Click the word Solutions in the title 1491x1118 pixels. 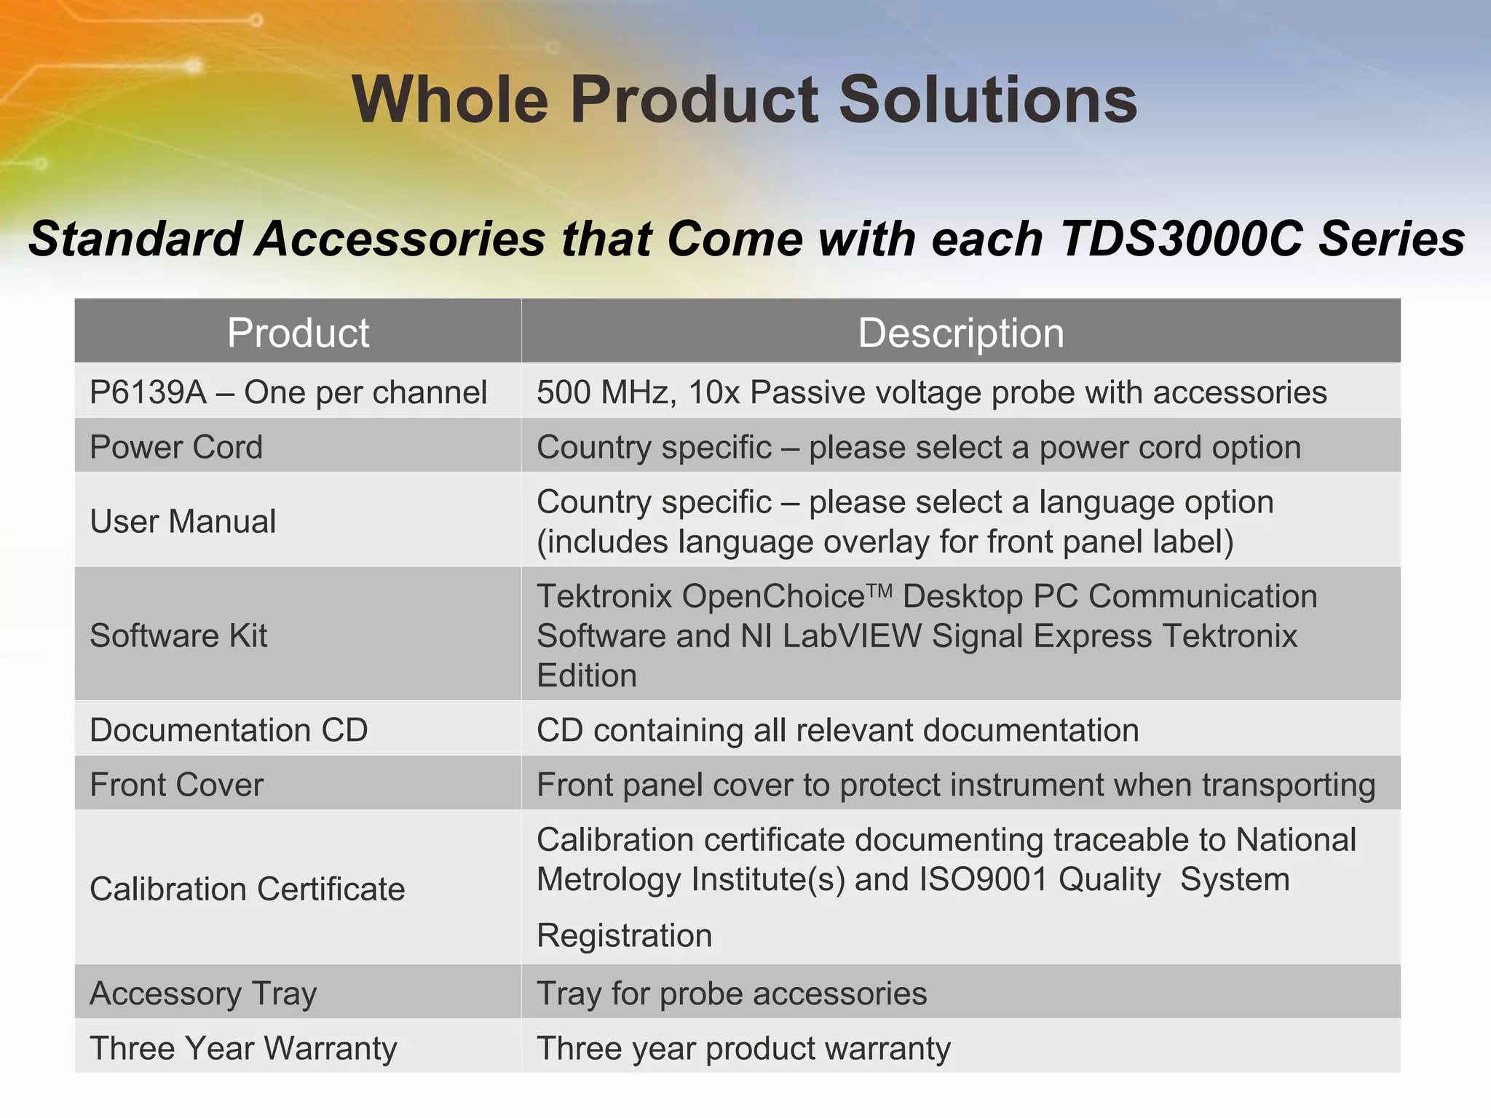coord(988,100)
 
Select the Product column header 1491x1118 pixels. coord(298,333)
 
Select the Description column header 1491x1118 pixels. coord(960,333)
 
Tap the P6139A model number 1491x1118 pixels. coord(148,393)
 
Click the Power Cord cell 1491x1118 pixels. coord(175,447)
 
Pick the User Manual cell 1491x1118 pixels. coord(183,521)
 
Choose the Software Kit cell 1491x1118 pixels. coord(178,635)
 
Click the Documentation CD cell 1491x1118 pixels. coord(229,730)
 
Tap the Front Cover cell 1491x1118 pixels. coord(176,785)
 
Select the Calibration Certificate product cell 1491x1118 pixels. coord(247,889)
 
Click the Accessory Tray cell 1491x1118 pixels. coord(203,994)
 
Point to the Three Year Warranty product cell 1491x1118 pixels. coord(243,1048)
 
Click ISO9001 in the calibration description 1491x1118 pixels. coord(983,879)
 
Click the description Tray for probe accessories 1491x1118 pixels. coord(732,994)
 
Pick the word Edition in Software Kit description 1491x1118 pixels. coord(587,676)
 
